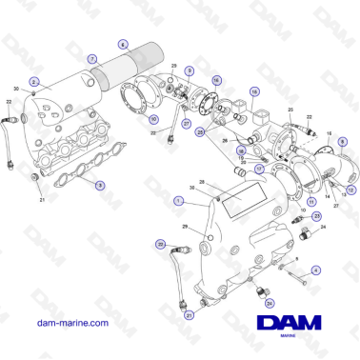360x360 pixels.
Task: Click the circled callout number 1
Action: click(x=178, y=201)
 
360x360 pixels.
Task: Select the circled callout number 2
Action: click(x=34, y=82)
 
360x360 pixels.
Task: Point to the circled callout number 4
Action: click(x=315, y=270)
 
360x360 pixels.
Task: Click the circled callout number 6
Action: click(x=122, y=44)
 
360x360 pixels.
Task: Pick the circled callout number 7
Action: click(x=92, y=58)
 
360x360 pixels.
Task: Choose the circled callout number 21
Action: click(x=188, y=314)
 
